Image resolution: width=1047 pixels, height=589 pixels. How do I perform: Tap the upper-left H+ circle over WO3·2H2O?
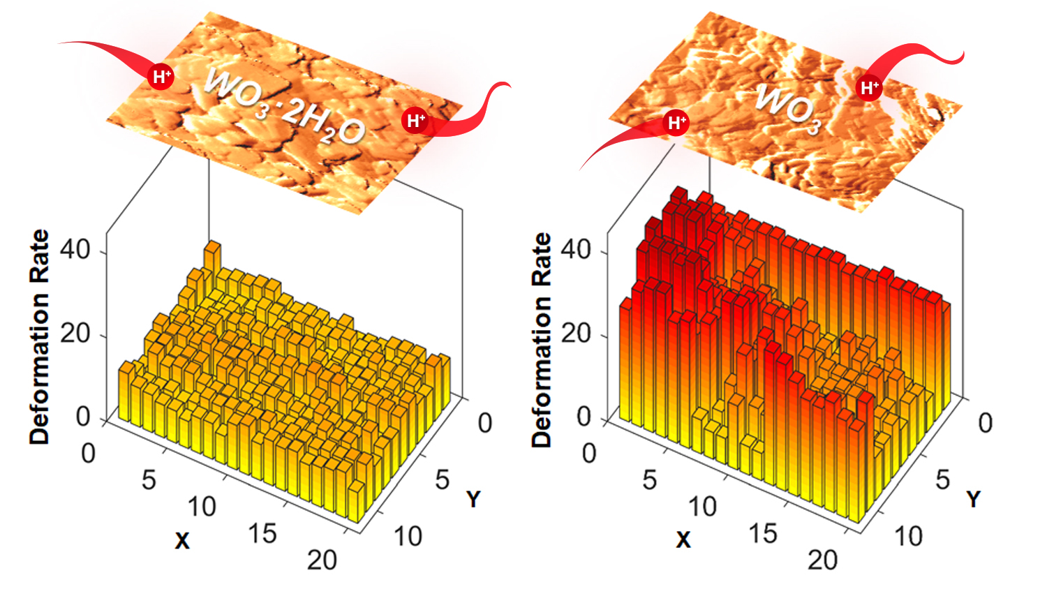[162, 76]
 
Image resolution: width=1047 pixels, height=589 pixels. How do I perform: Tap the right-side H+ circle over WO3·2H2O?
[416, 121]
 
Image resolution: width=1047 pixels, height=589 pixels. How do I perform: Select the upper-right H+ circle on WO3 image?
[869, 88]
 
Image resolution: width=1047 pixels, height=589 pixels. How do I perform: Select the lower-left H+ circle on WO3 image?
[676, 124]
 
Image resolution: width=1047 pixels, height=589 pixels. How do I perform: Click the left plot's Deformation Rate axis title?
[40, 337]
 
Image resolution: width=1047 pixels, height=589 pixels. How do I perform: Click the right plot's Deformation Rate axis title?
[542, 339]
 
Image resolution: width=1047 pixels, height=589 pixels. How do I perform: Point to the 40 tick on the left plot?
[75, 249]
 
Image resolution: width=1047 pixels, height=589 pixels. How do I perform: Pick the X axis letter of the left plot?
[182, 540]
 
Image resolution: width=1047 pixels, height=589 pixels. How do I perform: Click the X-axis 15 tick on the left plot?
[262, 534]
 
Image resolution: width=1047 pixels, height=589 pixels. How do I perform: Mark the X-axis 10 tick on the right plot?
[702, 507]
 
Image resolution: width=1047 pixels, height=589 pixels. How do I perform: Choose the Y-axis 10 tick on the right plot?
[908, 536]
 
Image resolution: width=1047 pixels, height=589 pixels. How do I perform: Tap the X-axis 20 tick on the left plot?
[322, 560]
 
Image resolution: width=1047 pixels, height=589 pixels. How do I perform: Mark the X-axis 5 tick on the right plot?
[649, 479]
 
